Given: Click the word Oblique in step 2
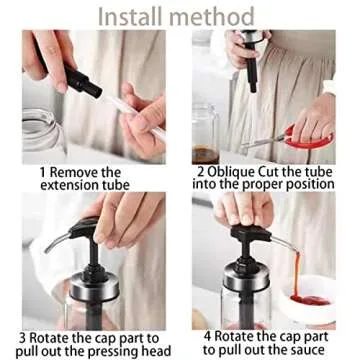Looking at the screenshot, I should coord(241,172).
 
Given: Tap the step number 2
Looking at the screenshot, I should coord(201,172).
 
